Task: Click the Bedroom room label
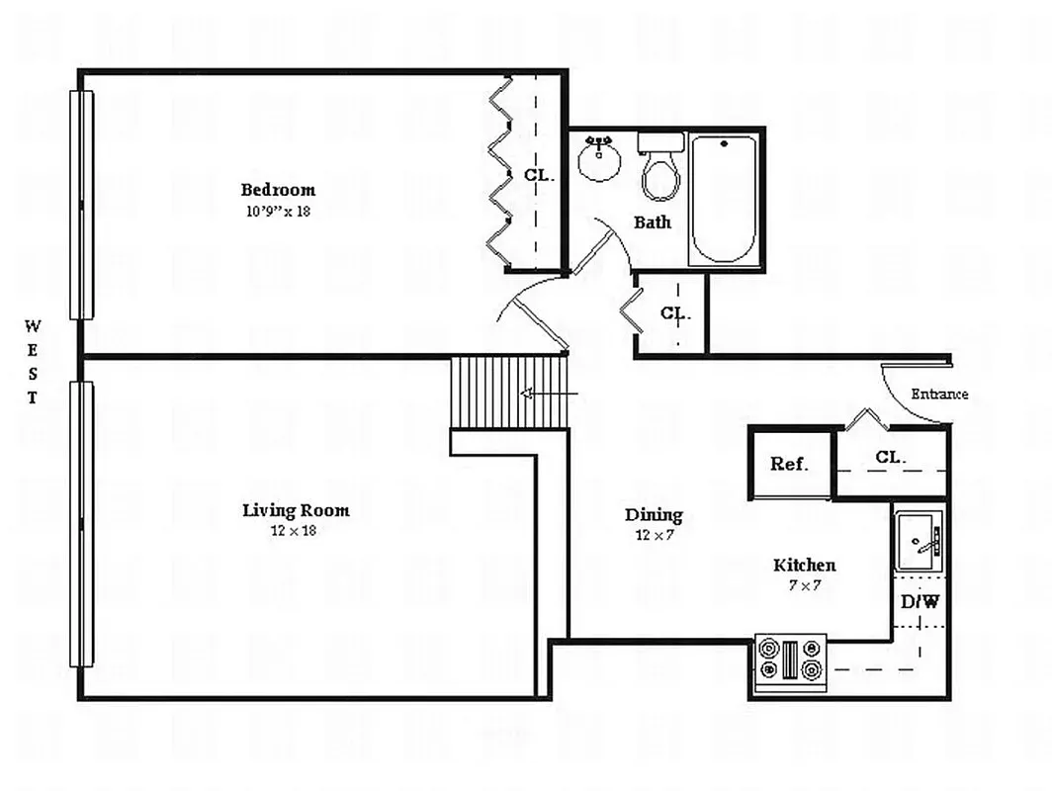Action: [x=278, y=190]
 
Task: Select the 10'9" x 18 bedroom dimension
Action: [x=278, y=211]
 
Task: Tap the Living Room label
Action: [x=296, y=510]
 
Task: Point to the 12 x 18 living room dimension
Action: [x=294, y=531]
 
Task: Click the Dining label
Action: [x=654, y=515]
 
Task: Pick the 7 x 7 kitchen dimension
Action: [x=805, y=585]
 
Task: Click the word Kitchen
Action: [x=805, y=565]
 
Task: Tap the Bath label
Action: [x=653, y=222]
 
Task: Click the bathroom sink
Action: [x=599, y=158]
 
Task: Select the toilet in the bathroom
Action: [x=660, y=166]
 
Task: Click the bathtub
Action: [x=724, y=200]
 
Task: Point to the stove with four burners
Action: [x=791, y=661]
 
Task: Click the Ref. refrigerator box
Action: [x=790, y=465]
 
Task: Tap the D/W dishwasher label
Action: [x=920, y=602]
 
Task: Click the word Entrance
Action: [x=939, y=394]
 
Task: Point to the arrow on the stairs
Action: [x=549, y=394]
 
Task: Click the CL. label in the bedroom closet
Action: [x=540, y=176]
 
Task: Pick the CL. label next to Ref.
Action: [x=890, y=458]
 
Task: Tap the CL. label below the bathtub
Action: [x=675, y=313]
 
